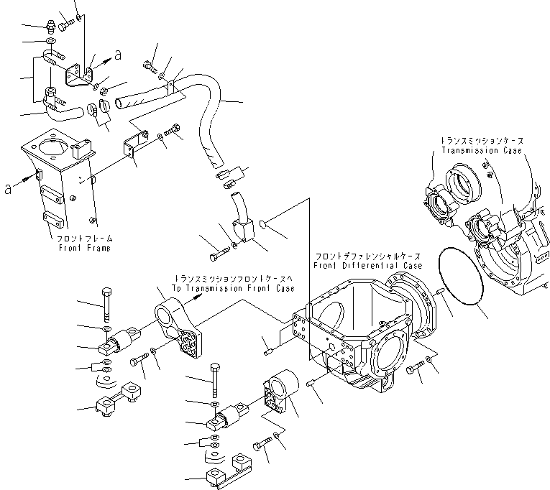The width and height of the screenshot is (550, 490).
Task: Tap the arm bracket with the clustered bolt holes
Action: [x=180, y=327]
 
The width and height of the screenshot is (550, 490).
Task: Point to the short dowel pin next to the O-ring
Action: [x=438, y=290]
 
